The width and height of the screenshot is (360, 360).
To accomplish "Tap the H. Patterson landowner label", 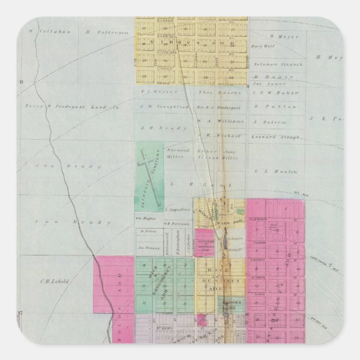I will click(x=103, y=32).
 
